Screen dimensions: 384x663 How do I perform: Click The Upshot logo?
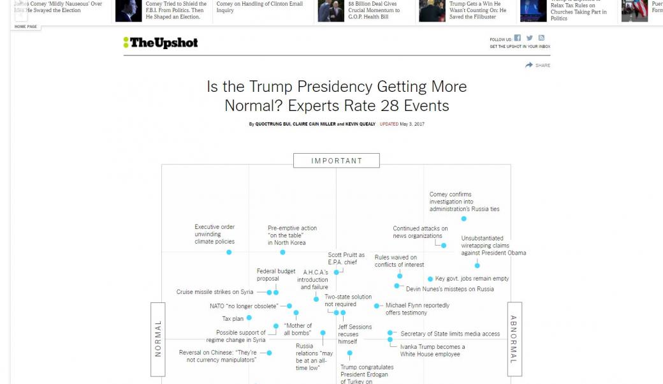(x=161, y=43)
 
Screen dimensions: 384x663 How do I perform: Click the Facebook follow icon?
(x=518, y=38)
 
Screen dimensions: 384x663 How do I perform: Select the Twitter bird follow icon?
(x=529, y=38)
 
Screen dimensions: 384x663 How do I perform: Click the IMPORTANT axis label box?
(x=336, y=161)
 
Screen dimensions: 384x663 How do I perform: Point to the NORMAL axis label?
(x=158, y=338)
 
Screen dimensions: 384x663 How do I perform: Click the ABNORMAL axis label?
(x=514, y=339)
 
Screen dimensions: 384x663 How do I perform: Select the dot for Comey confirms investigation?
(x=464, y=219)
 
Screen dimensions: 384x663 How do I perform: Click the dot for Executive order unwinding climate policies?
(x=229, y=252)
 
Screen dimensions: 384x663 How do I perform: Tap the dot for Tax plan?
(x=249, y=318)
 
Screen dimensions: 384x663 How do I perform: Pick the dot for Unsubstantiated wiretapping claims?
(x=477, y=265)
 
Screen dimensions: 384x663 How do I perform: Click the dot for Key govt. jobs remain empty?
(x=430, y=279)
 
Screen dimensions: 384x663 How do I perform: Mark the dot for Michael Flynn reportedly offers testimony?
(x=377, y=306)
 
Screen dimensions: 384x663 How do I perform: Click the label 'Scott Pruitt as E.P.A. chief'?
(x=346, y=258)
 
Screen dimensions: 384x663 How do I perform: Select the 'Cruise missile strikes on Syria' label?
(x=215, y=292)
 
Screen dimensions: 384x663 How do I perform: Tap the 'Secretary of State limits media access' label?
(x=449, y=334)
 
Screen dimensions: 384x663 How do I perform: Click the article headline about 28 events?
(x=336, y=96)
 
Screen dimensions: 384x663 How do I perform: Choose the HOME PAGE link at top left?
(x=25, y=27)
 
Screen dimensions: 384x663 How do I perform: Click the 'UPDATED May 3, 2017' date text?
(x=402, y=124)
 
